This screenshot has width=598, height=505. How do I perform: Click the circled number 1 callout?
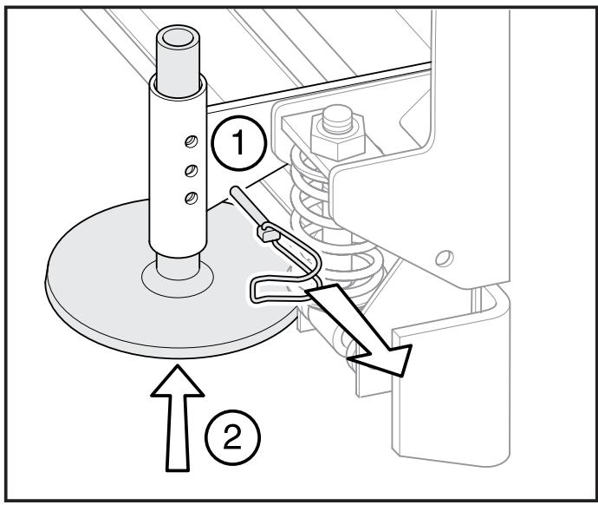click(x=238, y=143)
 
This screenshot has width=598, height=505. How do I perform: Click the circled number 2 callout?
click(x=232, y=436)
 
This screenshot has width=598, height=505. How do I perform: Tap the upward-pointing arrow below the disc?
click(x=178, y=418)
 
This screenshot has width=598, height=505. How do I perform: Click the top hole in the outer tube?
click(x=191, y=142)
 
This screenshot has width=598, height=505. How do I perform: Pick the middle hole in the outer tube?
click(x=191, y=170)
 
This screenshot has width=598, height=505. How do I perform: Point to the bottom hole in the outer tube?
click(x=191, y=198)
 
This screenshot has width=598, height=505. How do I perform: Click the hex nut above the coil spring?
click(x=338, y=137)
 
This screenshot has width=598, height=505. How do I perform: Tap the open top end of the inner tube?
click(x=178, y=38)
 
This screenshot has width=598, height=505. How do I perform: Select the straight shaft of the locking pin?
click(x=246, y=207)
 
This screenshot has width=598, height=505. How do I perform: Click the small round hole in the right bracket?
click(x=445, y=259)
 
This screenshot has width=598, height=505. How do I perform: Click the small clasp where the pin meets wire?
click(x=269, y=233)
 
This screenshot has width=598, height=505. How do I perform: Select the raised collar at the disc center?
click(x=178, y=279)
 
